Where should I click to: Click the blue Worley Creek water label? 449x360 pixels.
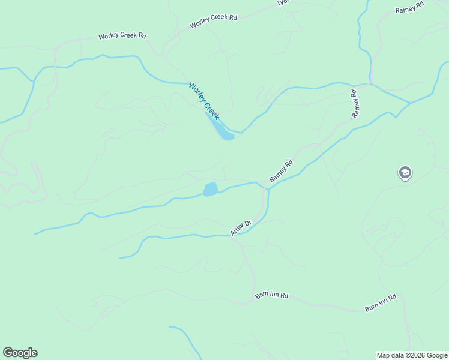point(204,101)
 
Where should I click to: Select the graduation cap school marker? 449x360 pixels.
point(405,173)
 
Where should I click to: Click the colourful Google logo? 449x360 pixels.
point(20,353)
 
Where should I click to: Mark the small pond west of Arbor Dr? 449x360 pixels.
point(210,190)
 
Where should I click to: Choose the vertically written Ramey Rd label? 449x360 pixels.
point(355,103)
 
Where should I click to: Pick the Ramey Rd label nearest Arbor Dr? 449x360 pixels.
point(281,171)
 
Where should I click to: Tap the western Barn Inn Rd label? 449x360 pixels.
point(272,296)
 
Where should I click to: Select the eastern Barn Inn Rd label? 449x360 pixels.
point(381,302)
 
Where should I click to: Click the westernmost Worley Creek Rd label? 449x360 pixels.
point(122,36)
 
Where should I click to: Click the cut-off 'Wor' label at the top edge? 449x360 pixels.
point(283,2)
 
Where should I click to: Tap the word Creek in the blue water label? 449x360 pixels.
point(212,110)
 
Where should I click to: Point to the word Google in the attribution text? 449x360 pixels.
point(436,355)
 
